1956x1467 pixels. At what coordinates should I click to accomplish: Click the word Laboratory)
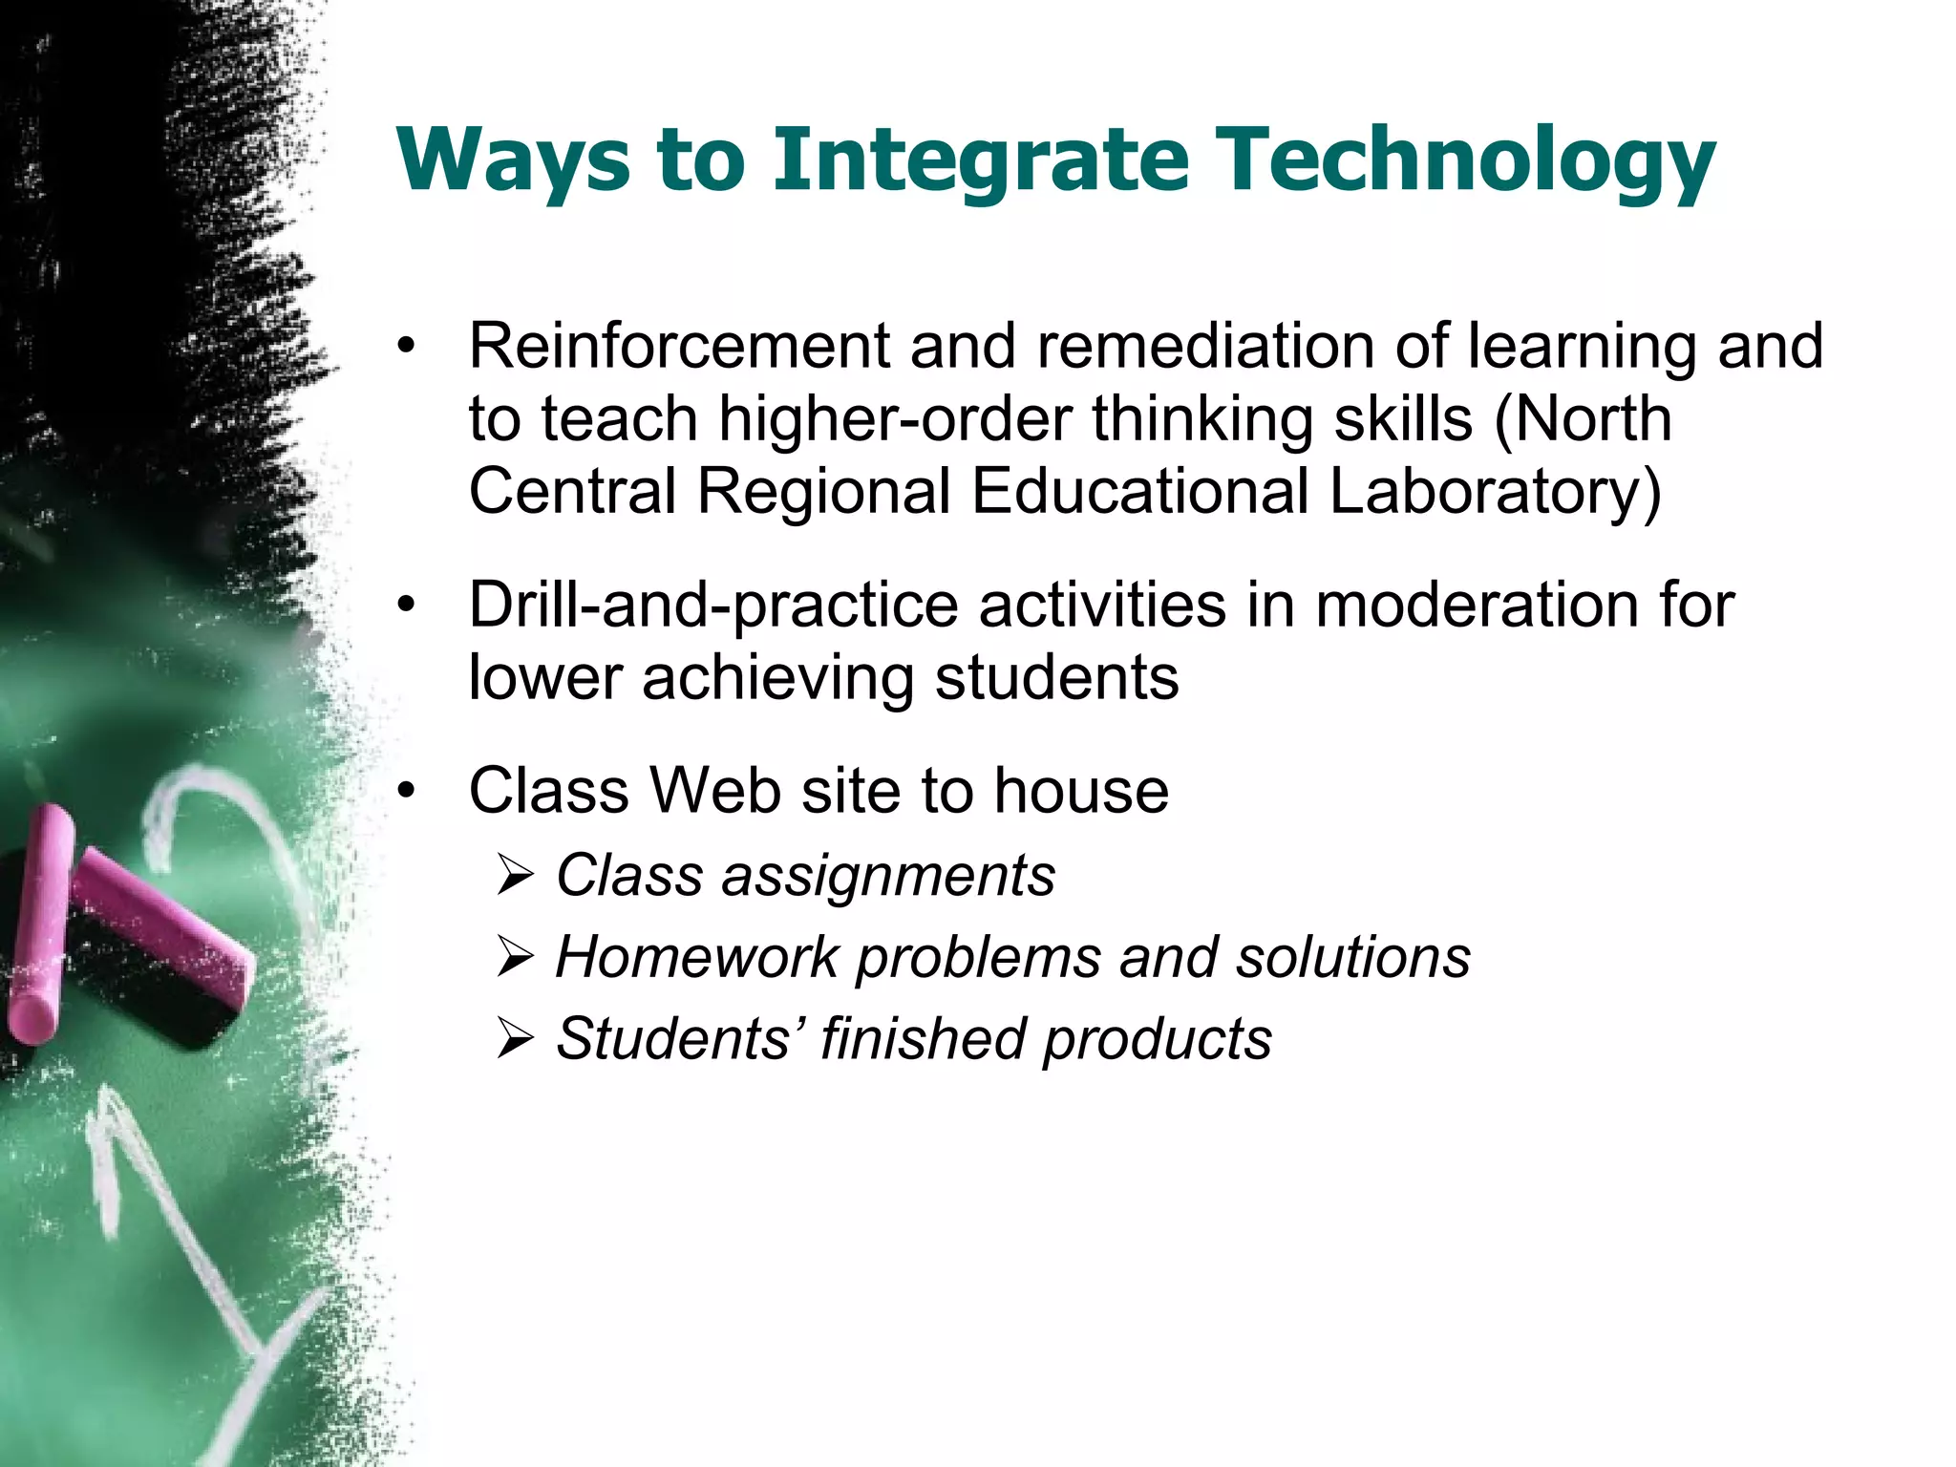tap(1495, 492)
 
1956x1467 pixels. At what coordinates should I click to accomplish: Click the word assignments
tap(888, 876)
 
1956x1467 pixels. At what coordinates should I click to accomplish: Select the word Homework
tap(697, 957)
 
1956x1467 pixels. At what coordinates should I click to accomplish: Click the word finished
tap(921, 1038)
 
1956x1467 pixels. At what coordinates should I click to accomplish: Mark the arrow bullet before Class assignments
tap(515, 877)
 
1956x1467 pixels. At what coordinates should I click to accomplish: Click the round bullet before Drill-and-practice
tap(408, 606)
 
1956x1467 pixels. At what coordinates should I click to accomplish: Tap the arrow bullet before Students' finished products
tap(515, 1039)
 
